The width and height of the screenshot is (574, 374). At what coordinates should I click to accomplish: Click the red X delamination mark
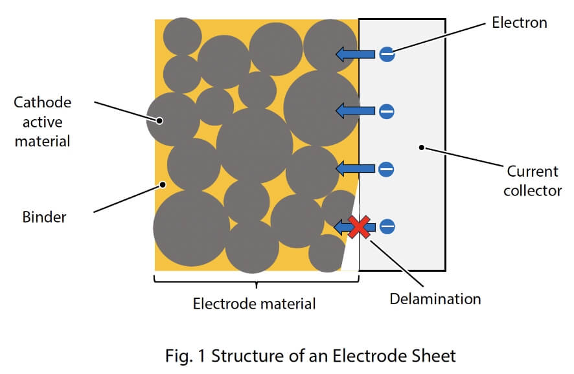(x=360, y=226)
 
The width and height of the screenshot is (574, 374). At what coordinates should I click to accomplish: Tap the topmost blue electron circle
(x=387, y=55)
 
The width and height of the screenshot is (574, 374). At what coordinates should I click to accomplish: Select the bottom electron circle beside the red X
(x=387, y=226)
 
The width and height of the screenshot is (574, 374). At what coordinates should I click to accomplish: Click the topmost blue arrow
(x=354, y=55)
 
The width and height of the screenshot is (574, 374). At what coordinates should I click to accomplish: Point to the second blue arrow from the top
(x=354, y=112)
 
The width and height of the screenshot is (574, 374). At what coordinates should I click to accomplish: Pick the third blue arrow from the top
(x=354, y=170)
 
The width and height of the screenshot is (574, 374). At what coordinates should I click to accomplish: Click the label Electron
(x=519, y=23)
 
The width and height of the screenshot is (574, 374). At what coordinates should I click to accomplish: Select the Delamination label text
(x=435, y=299)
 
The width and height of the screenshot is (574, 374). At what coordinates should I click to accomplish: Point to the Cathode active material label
(x=43, y=121)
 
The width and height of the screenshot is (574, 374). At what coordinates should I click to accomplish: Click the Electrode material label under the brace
(x=255, y=303)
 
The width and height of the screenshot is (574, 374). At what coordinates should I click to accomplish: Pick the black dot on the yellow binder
(x=163, y=184)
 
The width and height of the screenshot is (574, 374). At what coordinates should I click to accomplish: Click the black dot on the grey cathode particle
(x=159, y=120)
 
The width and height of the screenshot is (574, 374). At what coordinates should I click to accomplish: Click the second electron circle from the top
(x=387, y=112)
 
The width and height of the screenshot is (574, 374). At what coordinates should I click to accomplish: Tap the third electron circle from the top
(x=387, y=170)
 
